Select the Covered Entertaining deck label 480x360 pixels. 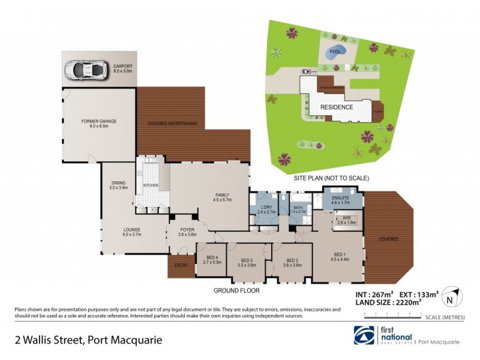point(173,124)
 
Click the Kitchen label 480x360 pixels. point(151,185)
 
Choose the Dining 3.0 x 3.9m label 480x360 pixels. point(118,185)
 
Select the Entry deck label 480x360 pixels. point(181,265)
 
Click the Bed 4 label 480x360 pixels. point(212,260)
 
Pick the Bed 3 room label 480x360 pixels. point(247,262)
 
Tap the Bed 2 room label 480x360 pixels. point(291,262)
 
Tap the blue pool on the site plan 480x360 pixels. point(334,53)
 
